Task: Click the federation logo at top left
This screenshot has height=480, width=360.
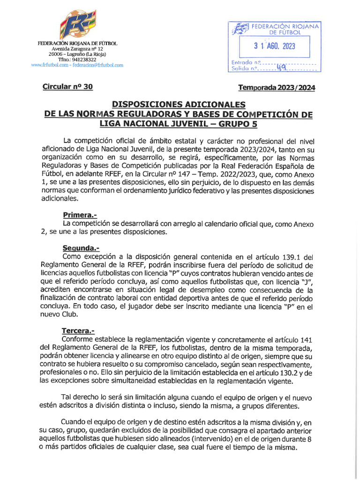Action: click(x=77, y=25)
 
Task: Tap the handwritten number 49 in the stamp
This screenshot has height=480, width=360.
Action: click(x=281, y=67)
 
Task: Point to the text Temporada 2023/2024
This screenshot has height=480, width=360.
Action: click(x=277, y=87)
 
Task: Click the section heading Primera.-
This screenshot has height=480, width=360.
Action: click(x=79, y=215)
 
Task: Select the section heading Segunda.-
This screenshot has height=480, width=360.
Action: click(x=81, y=248)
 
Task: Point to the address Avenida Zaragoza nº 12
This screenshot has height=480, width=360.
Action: click(x=77, y=49)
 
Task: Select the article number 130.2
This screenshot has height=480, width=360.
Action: click(x=289, y=373)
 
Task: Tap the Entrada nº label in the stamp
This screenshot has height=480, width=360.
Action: click(x=246, y=62)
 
